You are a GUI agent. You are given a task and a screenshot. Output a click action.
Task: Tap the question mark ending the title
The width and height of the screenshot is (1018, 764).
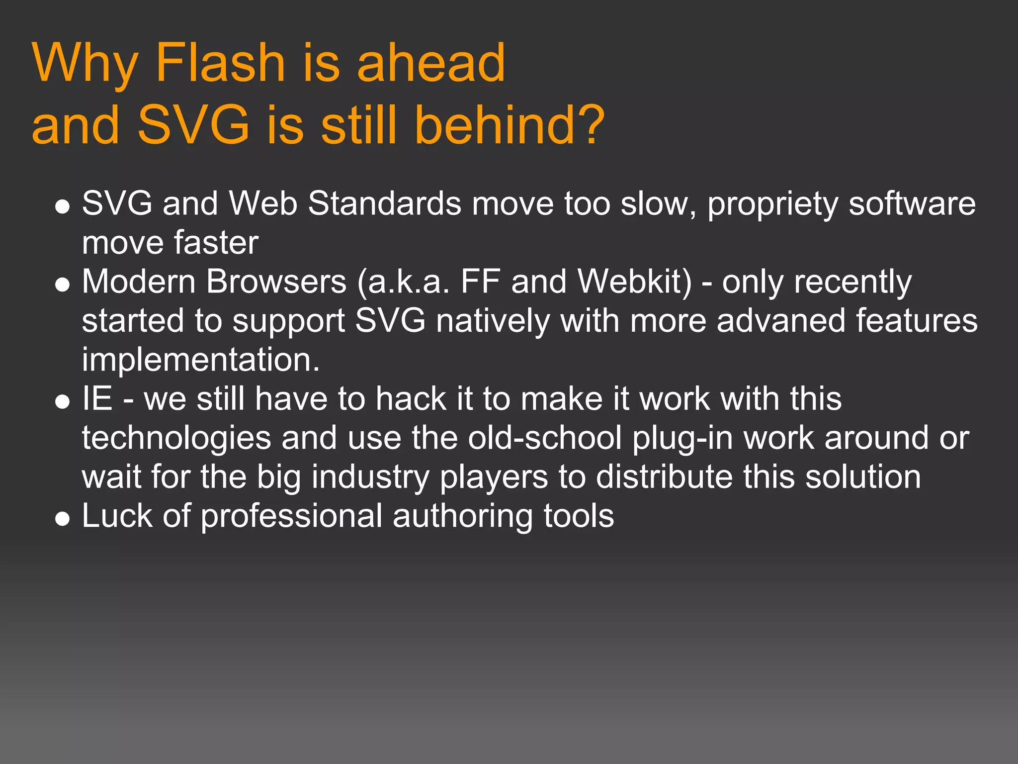point(588,125)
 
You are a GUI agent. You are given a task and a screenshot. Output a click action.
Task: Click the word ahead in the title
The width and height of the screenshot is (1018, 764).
point(431,63)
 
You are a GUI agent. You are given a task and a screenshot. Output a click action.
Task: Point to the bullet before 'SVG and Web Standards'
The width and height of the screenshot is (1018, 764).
point(63,206)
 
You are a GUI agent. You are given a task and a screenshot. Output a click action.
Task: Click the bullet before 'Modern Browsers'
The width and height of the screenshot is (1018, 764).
point(63,284)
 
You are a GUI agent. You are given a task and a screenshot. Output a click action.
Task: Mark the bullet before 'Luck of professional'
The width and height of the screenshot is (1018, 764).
point(63,518)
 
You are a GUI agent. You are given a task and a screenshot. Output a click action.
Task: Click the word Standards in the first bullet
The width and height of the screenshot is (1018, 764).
point(385,204)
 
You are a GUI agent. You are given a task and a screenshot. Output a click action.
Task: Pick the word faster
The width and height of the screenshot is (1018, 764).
point(216,243)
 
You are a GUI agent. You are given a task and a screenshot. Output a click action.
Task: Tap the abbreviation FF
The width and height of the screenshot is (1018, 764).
point(480,282)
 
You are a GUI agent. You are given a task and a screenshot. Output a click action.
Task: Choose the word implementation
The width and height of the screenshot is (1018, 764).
point(201,360)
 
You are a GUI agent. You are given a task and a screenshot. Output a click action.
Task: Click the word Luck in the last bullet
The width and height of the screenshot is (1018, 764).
point(117,516)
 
